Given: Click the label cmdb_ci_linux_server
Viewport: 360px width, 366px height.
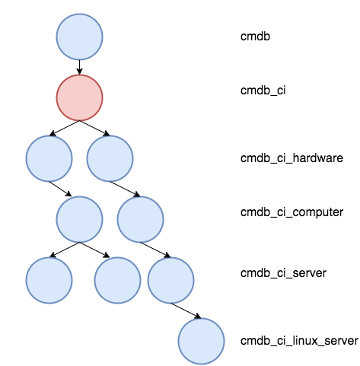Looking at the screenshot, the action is tap(299, 341).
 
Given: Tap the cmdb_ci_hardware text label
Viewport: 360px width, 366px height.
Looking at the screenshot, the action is tap(292, 158).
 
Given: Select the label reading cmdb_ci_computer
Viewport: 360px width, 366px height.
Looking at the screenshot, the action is tap(292, 212).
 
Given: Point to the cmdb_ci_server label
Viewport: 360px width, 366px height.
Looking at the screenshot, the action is tap(283, 273).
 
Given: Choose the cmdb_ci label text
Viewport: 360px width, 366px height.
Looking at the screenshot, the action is tap(263, 91).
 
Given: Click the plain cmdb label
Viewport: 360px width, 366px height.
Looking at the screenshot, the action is tap(255, 37).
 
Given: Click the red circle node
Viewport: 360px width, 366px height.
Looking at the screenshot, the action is tap(79, 97).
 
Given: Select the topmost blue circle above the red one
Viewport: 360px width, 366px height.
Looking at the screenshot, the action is tap(79, 37).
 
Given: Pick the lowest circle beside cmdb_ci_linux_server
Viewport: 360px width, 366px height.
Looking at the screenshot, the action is tap(201, 341).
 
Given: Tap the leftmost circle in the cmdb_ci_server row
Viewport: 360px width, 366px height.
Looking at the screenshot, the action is tap(49, 280).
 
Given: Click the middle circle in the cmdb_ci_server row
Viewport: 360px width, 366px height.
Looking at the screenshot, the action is tap(117, 280).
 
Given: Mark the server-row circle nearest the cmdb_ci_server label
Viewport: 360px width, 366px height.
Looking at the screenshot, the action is tap(170, 280).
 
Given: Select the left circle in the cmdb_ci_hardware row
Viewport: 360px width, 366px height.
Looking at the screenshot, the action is tap(49, 158).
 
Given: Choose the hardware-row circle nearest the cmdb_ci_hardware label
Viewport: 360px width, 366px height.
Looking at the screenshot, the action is tap(110, 158).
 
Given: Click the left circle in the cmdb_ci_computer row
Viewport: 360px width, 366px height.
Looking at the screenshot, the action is tap(79, 219).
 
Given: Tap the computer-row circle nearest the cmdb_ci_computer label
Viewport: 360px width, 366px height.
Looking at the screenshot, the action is tap(140, 219).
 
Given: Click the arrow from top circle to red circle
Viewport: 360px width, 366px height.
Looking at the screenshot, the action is tap(79, 68).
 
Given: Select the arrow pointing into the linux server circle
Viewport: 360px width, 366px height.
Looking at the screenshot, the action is tap(186, 310).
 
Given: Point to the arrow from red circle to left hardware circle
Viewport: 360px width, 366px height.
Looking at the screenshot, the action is tap(65, 128).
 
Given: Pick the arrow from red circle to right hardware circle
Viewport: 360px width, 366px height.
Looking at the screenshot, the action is tap(94, 128).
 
